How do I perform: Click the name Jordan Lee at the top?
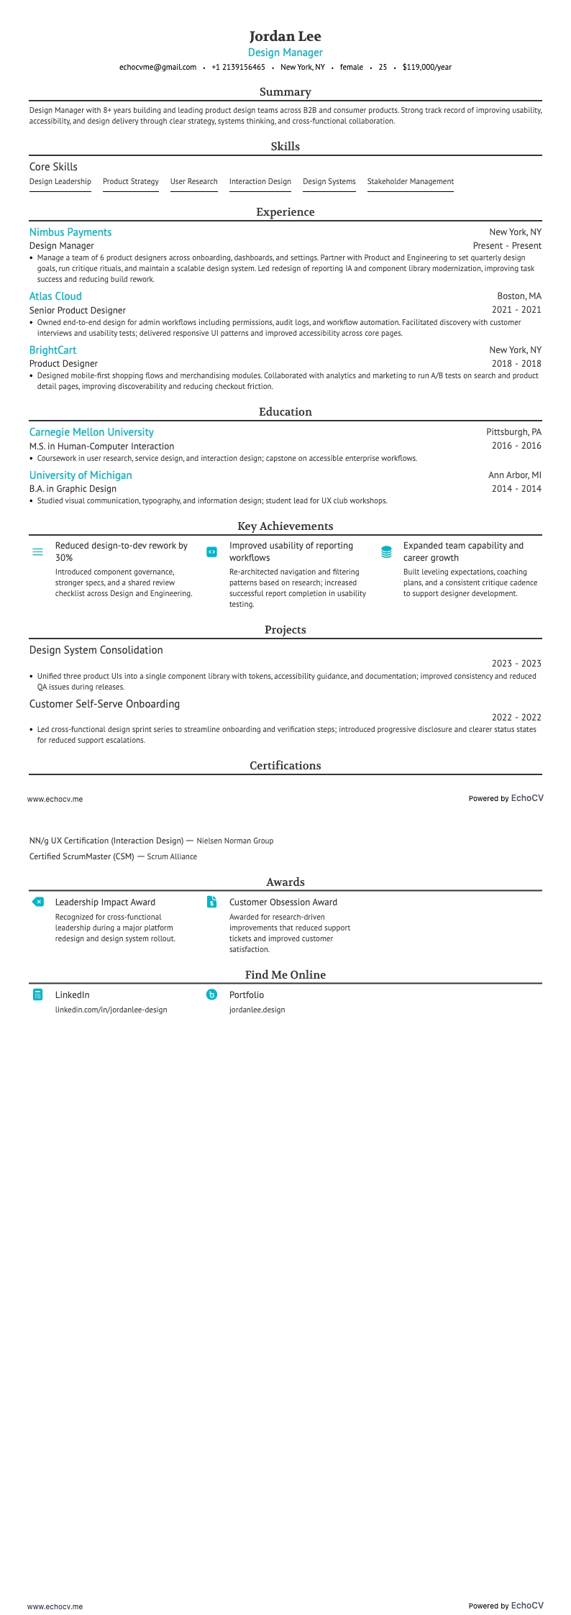pos(285,36)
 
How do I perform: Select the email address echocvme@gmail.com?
pos(157,67)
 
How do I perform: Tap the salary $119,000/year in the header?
pos(427,67)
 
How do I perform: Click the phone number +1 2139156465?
pos(238,67)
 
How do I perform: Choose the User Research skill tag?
pos(193,182)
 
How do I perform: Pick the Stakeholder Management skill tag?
pos(410,182)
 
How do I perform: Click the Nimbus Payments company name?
pos(70,232)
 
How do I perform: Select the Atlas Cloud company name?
pos(55,296)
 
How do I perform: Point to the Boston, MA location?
pos(519,296)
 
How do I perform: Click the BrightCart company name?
pos(52,350)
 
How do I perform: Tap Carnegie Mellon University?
pos(91,432)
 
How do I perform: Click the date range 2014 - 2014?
pos(516,489)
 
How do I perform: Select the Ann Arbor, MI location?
pos(515,475)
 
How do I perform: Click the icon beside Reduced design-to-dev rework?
pos(37,552)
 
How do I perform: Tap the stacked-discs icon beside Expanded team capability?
pos(386,552)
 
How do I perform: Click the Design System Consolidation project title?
pos(96,650)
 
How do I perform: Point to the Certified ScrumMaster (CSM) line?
pos(113,856)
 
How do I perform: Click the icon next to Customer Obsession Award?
pos(211,902)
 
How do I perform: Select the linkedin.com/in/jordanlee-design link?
pos(111,1010)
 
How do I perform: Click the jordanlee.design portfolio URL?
pos(257,1010)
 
